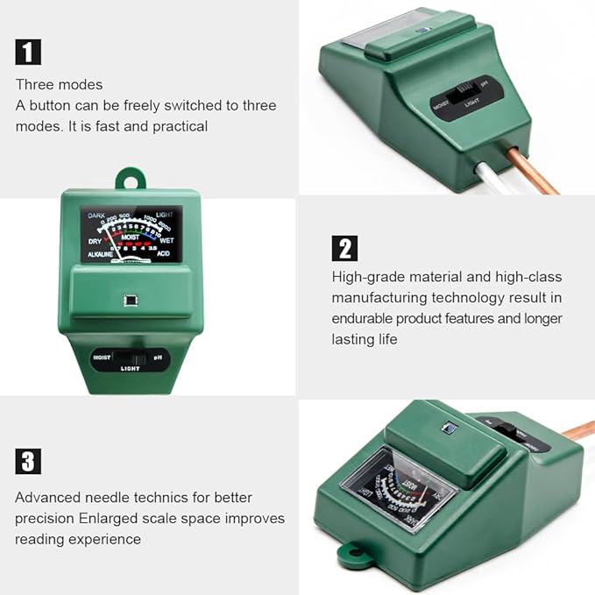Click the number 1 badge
click(28, 52)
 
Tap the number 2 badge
click(344, 248)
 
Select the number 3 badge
click(28, 461)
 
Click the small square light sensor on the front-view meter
click(130, 300)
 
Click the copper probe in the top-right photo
click(533, 172)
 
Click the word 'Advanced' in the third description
click(46, 497)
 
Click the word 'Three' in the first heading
click(33, 85)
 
